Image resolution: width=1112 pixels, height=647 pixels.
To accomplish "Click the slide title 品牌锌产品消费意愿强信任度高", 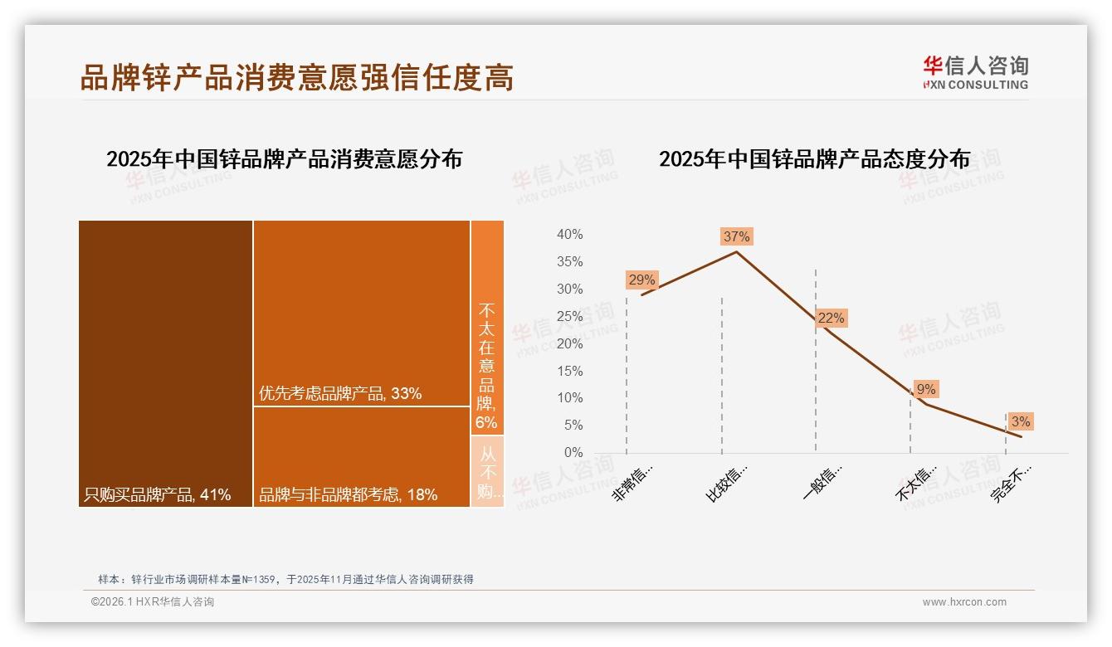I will point(297,76).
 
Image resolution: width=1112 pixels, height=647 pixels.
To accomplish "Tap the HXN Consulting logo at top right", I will point(975,72).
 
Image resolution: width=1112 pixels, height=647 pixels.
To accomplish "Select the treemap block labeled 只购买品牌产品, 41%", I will point(165,363).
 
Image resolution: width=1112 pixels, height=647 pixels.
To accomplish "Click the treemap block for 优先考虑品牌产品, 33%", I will point(361,313).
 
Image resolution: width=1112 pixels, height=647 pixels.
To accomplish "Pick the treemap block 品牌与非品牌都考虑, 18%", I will point(361,456).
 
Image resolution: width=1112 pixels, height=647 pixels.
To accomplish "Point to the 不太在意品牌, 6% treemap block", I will point(487,328).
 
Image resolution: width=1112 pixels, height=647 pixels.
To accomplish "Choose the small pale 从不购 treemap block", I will point(487,471).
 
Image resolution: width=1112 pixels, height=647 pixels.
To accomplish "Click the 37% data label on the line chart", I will point(736,236).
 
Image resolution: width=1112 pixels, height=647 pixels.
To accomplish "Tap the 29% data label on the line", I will point(641,280).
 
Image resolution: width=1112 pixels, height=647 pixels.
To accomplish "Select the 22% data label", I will point(831,318).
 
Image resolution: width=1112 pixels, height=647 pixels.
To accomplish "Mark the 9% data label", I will point(926,389).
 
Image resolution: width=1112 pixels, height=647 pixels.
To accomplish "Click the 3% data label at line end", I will point(1021,421).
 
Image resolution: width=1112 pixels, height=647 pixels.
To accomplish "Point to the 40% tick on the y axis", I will point(569,235).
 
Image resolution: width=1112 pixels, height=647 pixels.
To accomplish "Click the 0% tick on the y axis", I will point(573,452).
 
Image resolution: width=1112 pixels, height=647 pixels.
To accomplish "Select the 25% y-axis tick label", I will point(569,316).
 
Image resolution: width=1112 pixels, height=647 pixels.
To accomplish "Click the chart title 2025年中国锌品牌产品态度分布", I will point(814,158).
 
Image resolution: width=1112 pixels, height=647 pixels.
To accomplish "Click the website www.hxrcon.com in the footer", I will point(964,602).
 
